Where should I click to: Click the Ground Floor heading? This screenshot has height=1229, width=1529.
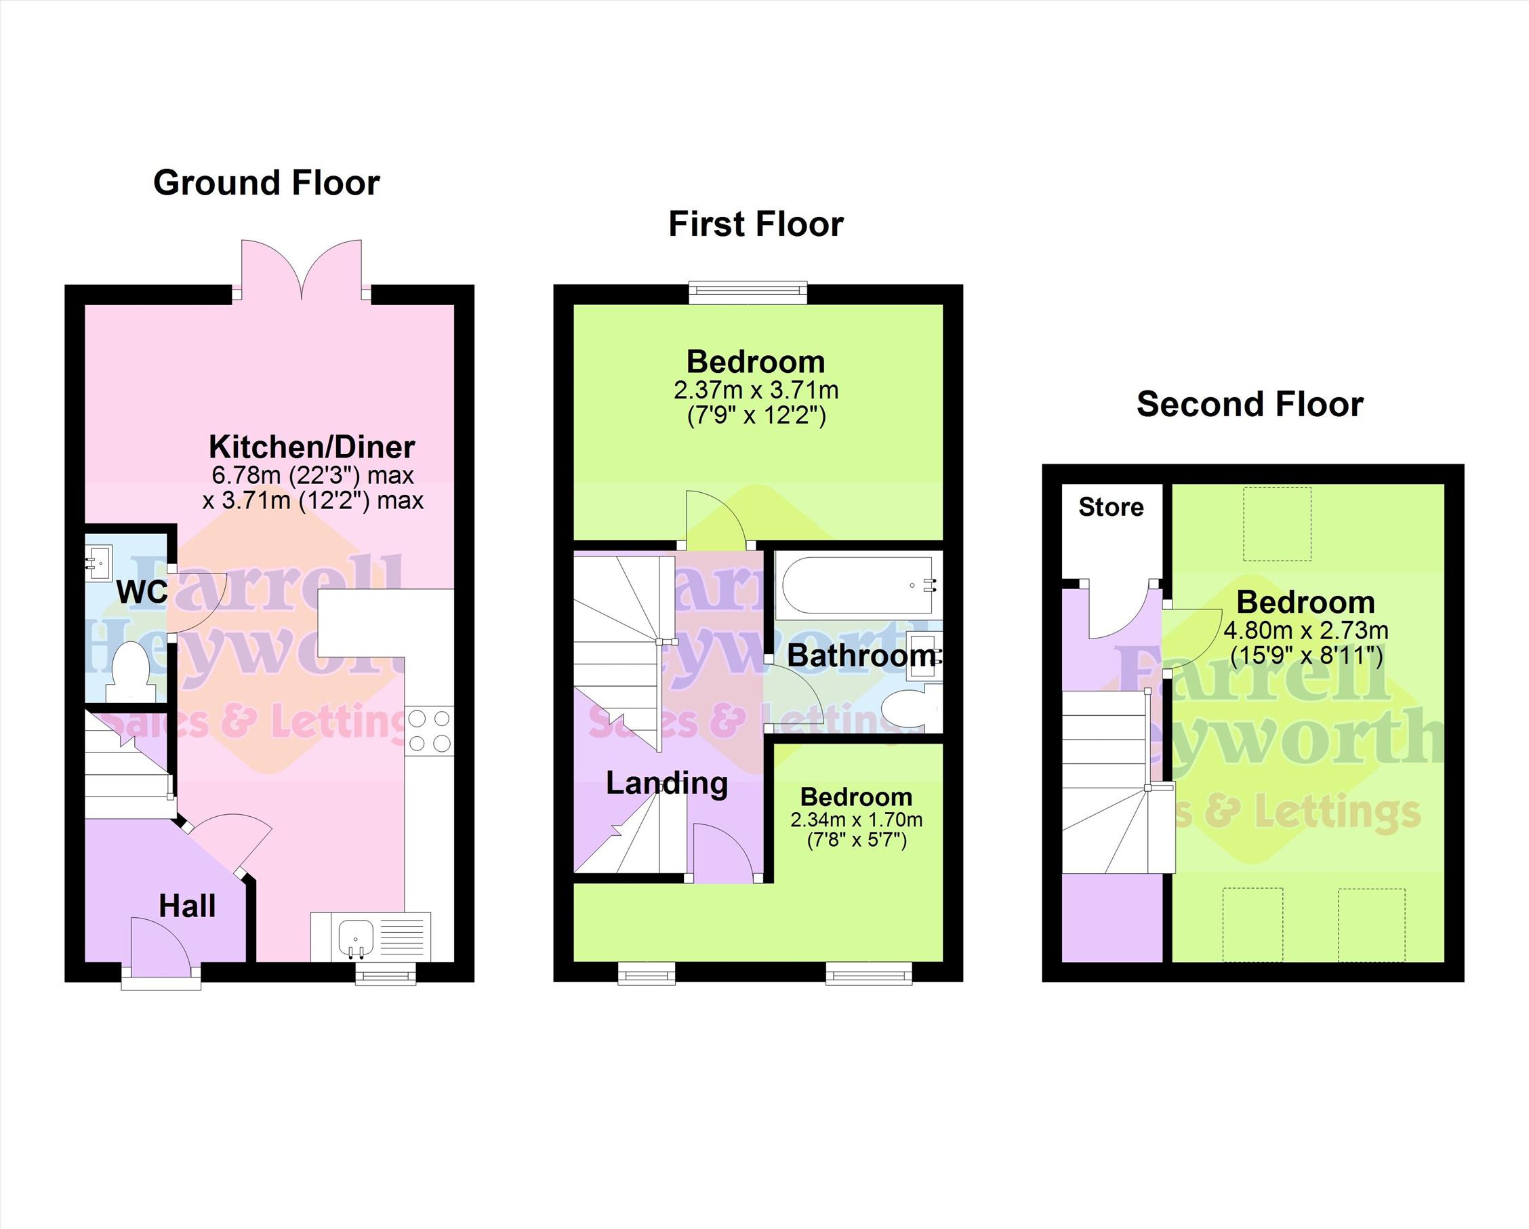tap(266, 183)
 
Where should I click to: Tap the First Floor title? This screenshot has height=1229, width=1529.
tap(756, 224)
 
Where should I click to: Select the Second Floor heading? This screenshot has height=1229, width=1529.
tap(1250, 404)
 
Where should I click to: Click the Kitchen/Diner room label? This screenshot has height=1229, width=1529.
tap(312, 447)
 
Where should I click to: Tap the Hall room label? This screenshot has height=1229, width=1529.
tap(187, 906)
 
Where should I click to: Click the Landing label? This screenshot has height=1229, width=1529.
tap(667, 784)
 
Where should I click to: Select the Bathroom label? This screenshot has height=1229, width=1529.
tap(861, 656)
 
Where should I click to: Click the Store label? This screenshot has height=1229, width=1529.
tap(1111, 507)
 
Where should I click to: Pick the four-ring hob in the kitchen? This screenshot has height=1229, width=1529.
tap(429, 731)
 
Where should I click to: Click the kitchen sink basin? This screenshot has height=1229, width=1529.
tap(355, 938)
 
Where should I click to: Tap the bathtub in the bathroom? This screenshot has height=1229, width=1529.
tap(858, 585)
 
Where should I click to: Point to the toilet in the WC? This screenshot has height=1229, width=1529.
tap(131, 671)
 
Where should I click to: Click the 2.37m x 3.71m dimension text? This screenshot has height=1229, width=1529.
tap(756, 390)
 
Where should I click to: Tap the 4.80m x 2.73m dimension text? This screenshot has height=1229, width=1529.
tap(1305, 630)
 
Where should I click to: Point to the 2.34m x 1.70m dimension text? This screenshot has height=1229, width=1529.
tap(856, 820)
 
